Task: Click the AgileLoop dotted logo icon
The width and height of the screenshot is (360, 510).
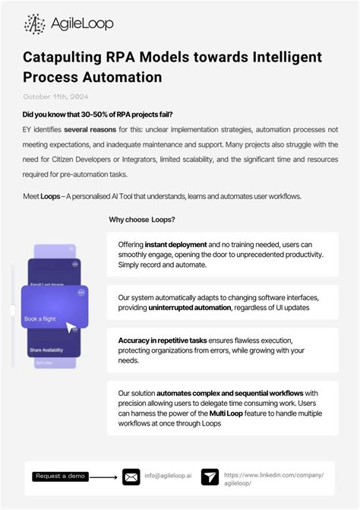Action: pos(35,24)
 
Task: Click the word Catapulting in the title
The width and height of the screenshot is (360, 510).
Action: pos(63,58)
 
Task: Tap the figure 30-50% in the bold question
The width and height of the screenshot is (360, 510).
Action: pos(113,114)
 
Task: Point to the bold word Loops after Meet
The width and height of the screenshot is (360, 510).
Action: pos(50,197)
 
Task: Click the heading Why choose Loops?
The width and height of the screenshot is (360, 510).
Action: pos(142,220)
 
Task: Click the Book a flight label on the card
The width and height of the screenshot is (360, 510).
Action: pos(39,318)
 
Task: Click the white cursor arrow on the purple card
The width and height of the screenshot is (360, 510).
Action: pos(71,328)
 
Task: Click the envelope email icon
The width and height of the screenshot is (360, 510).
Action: pos(131,477)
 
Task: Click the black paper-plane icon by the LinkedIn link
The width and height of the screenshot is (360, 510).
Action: pos(210,477)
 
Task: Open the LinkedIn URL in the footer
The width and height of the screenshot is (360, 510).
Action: pos(273,477)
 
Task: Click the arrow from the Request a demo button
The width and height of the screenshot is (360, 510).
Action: pos(104,477)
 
